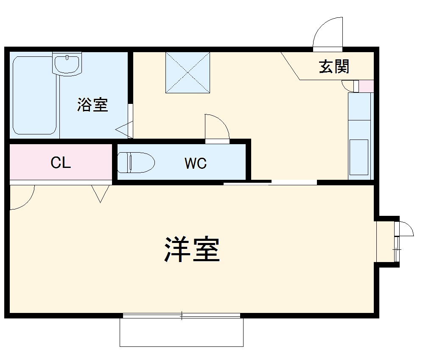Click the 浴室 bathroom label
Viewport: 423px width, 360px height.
(92, 105)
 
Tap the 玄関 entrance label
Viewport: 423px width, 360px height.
(334, 67)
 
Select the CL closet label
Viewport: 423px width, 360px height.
(61, 162)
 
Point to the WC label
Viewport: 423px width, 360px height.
(196, 163)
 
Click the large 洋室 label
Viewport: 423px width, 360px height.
(192, 250)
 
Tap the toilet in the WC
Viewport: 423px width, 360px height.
(135, 162)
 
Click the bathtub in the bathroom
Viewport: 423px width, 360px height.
(34, 96)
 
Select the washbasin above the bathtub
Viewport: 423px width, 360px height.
(67, 64)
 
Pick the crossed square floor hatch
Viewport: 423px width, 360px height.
(188, 72)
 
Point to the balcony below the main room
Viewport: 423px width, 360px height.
(182, 333)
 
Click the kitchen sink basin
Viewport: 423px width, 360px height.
(359, 157)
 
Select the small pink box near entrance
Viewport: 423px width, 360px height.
(366, 86)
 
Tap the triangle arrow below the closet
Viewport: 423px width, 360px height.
(100, 193)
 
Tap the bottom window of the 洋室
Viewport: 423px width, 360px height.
(182, 315)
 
